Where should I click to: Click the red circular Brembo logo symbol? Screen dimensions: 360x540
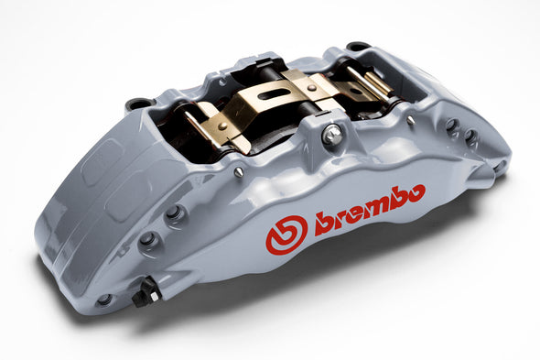(286, 235)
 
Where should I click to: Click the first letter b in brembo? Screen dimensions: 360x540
(323, 220)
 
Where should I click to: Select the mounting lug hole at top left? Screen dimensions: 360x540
(138, 104)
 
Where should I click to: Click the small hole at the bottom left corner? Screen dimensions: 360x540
(104, 300)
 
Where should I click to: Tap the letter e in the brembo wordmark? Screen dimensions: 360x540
(351, 213)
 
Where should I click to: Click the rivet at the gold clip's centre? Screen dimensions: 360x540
(311, 88)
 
